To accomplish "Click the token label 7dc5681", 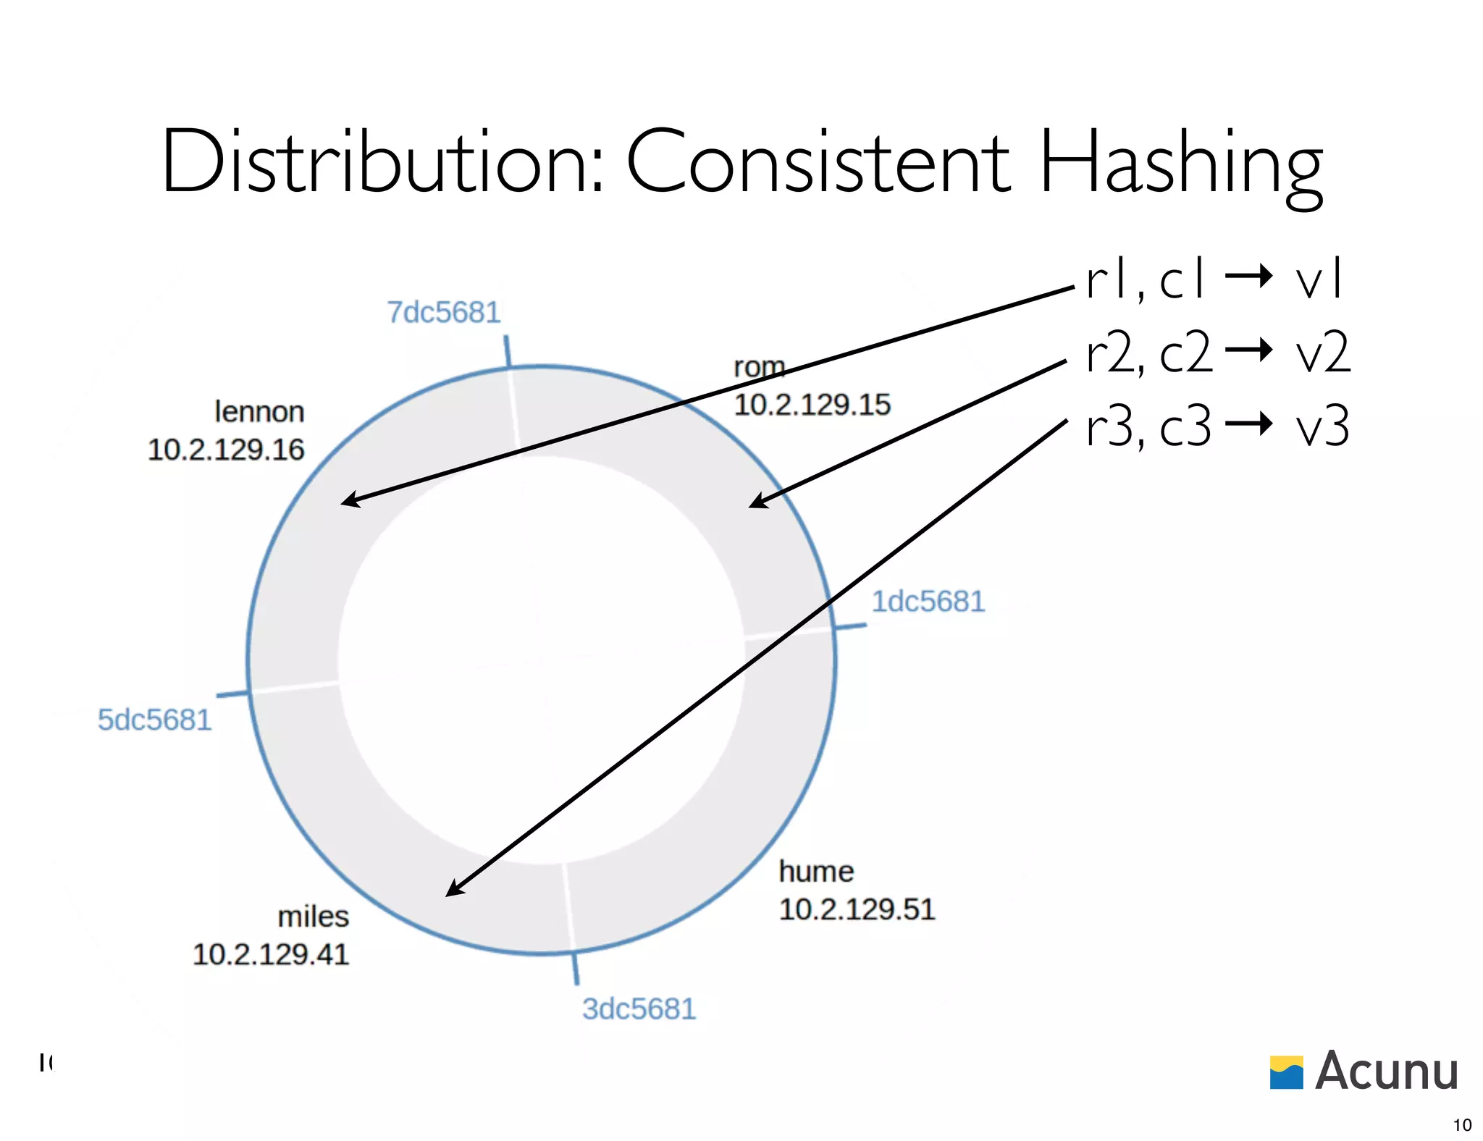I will pyautogui.click(x=443, y=313).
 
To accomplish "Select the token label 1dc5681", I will pyautogui.click(x=928, y=602).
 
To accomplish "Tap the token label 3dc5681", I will pyautogui.click(x=639, y=1009).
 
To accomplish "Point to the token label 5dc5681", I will pyautogui.click(x=154, y=720).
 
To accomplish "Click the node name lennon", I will pyautogui.click(x=259, y=412).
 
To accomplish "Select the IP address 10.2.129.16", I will pyautogui.click(x=226, y=450).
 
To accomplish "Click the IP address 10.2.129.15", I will pyautogui.click(x=812, y=405).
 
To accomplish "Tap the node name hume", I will pyautogui.click(x=816, y=872).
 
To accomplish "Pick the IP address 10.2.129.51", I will pyautogui.click(x=857, y=909).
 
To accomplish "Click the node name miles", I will pyautogui.click(x=313, y=917).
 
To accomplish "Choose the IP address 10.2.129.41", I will pyautogui.click(x=271, y=954).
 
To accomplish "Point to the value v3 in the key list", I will pyautogui.click(x=1322, y=427).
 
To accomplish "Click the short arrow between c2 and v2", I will pyautogui.click(x=1248, y=350).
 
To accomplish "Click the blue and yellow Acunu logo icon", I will pyautogui.click(x=1286, y=1072).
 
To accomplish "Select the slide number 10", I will pyautogui.click(x=1462, y=1125).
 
